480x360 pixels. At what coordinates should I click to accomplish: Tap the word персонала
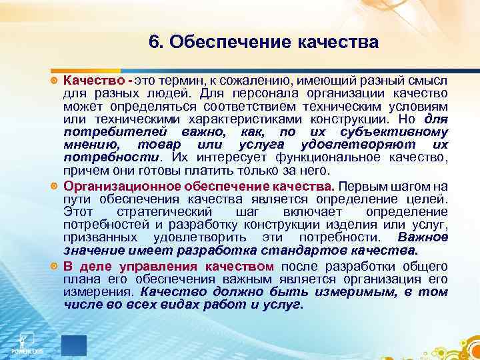tap(261, 93)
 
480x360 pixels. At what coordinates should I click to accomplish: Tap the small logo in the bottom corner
tap(25, 341)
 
